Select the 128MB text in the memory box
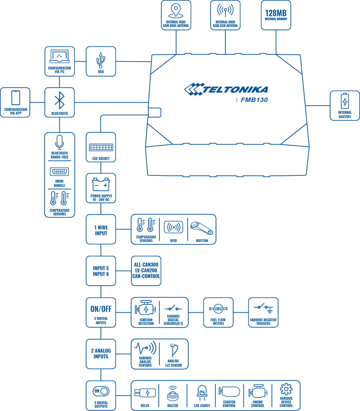pos(276,13)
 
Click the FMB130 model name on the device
pos(254,100)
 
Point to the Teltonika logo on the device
pos(226,89)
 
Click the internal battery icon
pos(345,101)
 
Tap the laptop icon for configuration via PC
pos(59,57)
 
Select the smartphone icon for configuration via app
pos(15,98)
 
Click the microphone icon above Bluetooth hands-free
pos(59,142)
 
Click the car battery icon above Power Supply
pos(101,185)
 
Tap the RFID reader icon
pos(173,227)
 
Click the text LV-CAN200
pos(146,270)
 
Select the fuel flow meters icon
pos(218,309)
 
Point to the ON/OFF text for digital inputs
pos(101,309)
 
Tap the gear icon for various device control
pos(286,389)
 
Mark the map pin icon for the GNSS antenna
pos(176,10)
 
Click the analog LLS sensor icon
pos(174,349)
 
